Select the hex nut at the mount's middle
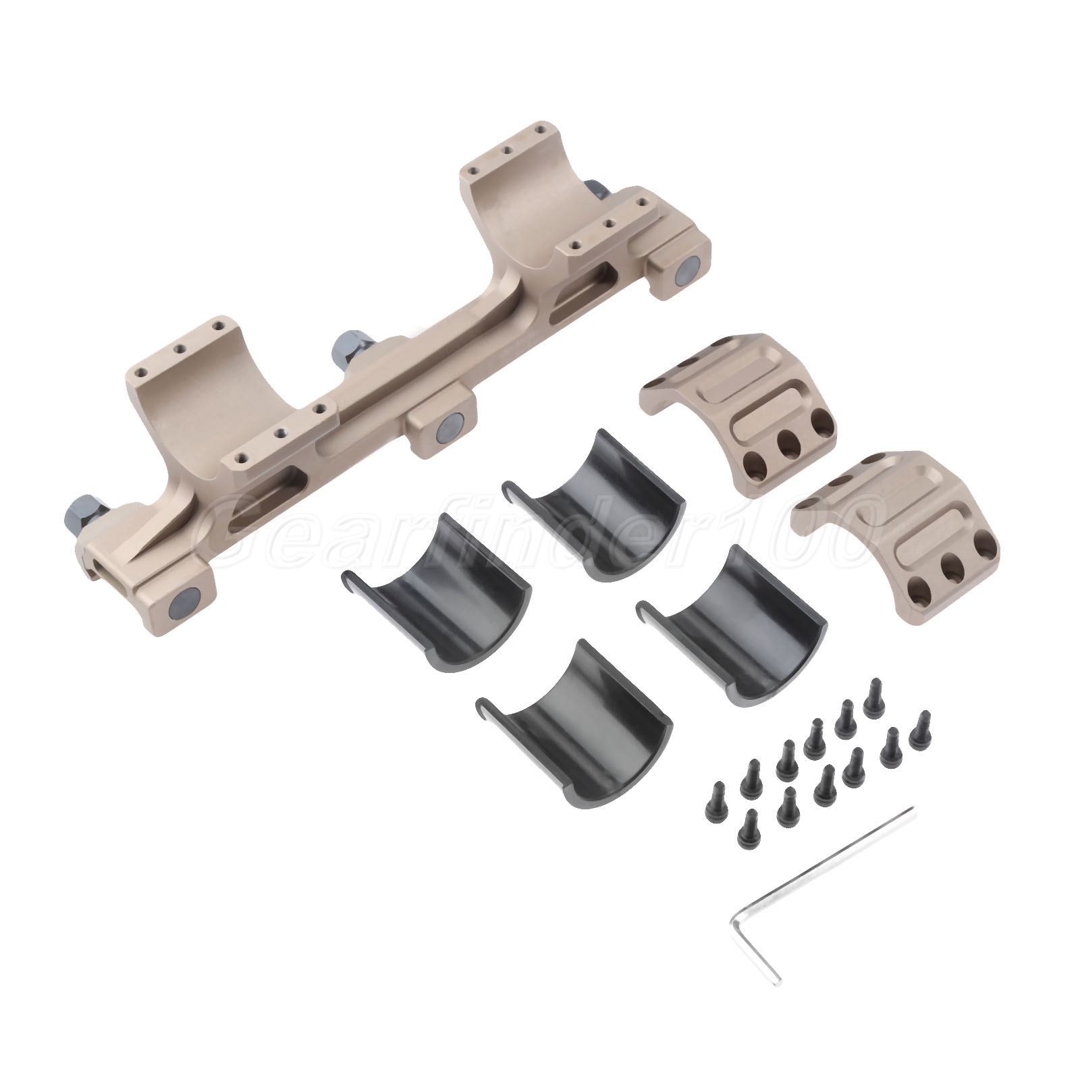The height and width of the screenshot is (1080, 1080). click(350, 347)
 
